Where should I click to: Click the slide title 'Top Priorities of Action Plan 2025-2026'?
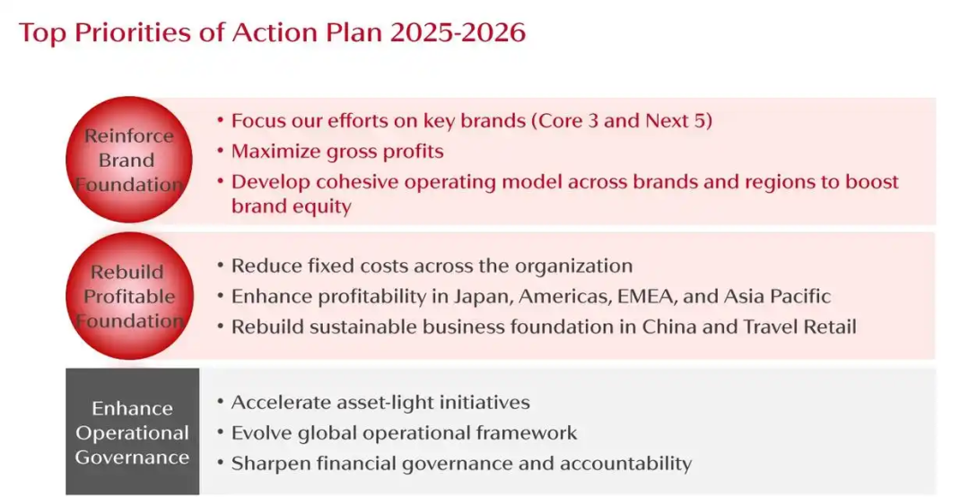point(272,32)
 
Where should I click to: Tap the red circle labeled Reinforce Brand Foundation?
point(129,160)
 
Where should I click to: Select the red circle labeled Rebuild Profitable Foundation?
point(130,296)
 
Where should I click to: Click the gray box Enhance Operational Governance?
point(132,432)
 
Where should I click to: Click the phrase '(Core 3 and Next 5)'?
point(622,120)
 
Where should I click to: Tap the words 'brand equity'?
point(291,205)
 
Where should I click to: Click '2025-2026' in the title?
point(458,32)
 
